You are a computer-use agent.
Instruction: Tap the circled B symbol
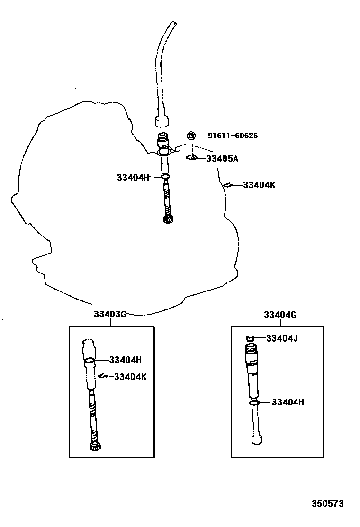(191, 136)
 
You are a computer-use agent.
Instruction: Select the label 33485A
(222, 159)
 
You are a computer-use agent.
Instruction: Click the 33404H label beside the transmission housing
(133, 177)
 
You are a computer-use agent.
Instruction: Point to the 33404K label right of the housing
(259, 185)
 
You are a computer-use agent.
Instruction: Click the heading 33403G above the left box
(110, 315)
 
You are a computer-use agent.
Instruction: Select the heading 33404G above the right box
(280, 315)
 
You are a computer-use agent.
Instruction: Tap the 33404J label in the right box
(282, 338)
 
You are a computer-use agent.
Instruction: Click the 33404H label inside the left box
(126, 360)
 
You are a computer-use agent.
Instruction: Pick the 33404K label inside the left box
(130, 377)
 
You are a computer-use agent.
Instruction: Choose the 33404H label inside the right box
(288, 402)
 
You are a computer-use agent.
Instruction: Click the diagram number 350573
(327, 503)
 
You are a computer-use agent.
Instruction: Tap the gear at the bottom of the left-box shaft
(94, 447)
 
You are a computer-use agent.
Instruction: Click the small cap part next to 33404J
(251, 338)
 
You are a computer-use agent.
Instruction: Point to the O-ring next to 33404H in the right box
(254, 403)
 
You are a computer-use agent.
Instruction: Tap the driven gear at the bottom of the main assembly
(167, 219)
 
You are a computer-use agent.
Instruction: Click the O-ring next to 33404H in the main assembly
(165, 178)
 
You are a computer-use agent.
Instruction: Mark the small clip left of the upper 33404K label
(227, 185)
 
